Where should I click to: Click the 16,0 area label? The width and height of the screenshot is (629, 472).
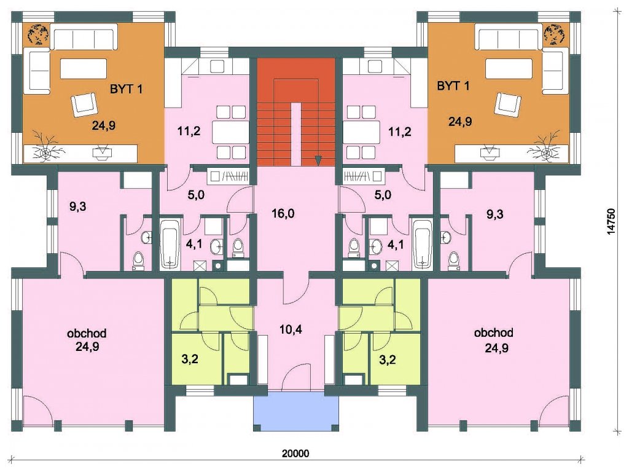(283, 213)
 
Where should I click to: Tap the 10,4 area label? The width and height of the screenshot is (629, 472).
(291, 329)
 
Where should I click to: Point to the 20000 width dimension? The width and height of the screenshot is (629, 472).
(295, 454)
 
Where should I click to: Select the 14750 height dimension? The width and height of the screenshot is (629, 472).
(611, 221)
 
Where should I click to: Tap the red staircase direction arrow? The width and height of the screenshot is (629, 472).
(318, 160)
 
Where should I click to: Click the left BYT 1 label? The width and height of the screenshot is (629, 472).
(126, 88)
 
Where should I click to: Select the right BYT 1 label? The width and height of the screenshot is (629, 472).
(453, 86)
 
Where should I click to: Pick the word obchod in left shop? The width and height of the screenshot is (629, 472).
(87, 333)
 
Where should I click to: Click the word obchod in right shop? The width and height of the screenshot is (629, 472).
(493, 332)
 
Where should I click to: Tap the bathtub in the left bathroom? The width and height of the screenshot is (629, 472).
(170, 244)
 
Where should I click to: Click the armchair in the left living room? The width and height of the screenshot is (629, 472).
(85, 104)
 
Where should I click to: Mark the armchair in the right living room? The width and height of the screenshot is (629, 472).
(508, 104)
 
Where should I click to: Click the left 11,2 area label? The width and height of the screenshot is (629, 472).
(189, 131)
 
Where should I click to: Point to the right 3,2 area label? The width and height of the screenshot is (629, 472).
(388, 359)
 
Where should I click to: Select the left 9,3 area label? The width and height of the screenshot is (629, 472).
(77, 206)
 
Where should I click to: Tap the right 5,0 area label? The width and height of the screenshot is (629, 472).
(383, 195)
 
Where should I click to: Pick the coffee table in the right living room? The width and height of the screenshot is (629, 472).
(509, 69)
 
